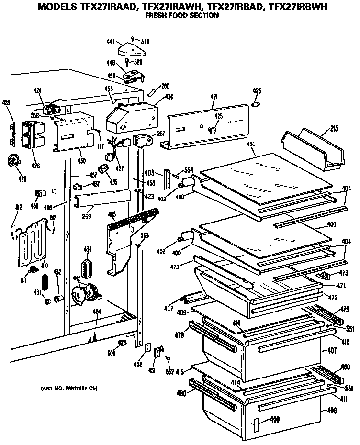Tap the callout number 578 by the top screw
145,42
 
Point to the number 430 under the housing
81,161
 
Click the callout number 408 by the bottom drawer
331,410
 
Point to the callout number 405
112,214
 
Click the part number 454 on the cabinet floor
97,311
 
